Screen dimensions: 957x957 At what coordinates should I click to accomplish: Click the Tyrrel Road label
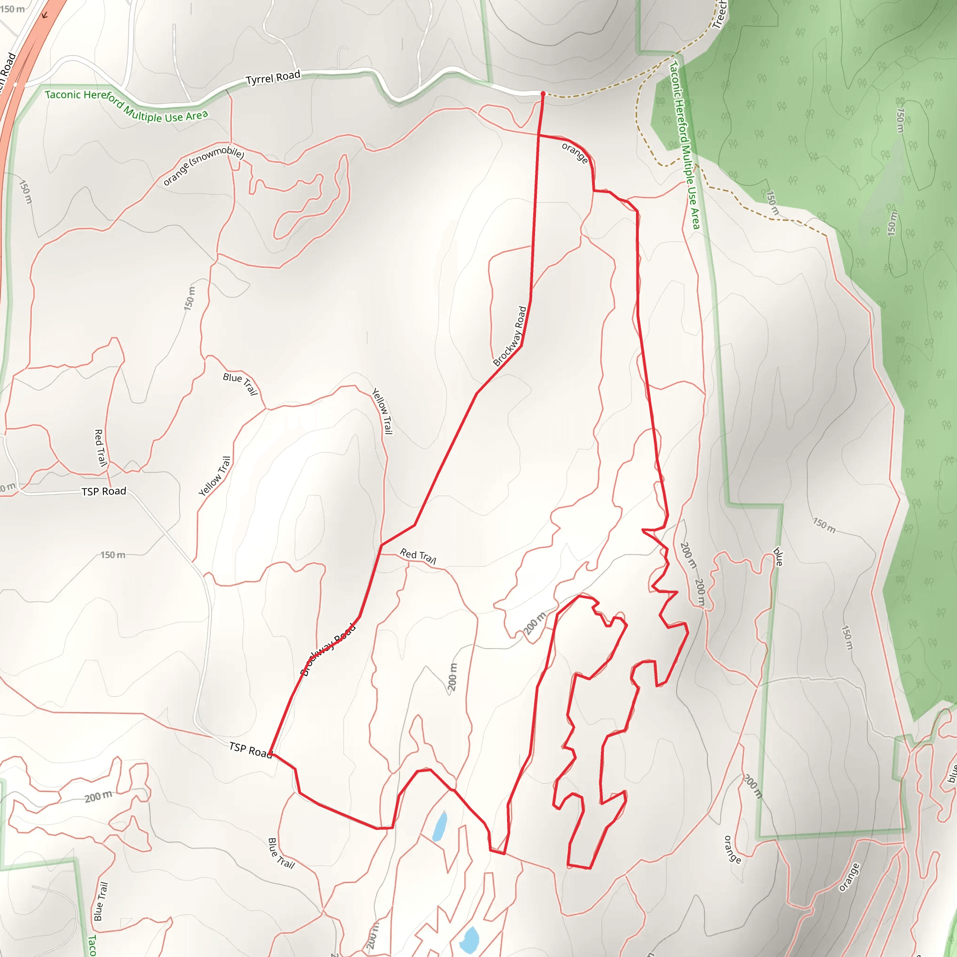tap(273, 78)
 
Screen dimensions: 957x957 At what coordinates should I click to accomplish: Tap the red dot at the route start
tap(543, 93)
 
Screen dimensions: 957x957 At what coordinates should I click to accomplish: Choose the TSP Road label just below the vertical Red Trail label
tap(104, 492)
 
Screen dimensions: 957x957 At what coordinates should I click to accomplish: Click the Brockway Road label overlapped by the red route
tap(329, 650)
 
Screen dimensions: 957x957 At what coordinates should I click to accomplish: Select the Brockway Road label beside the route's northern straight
tap(510, 336)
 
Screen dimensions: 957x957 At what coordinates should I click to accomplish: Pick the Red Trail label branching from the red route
tap(418, 556)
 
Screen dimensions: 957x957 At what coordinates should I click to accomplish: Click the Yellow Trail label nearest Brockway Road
tap(382, 411)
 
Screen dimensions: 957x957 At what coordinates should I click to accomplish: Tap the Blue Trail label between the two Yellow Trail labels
tap(241, 383)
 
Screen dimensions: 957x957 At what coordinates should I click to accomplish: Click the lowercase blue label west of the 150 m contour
tap(778, 556)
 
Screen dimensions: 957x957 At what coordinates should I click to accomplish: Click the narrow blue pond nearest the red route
tap(439, 826)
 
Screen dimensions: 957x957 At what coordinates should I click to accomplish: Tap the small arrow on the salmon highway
tap(44, 15)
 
